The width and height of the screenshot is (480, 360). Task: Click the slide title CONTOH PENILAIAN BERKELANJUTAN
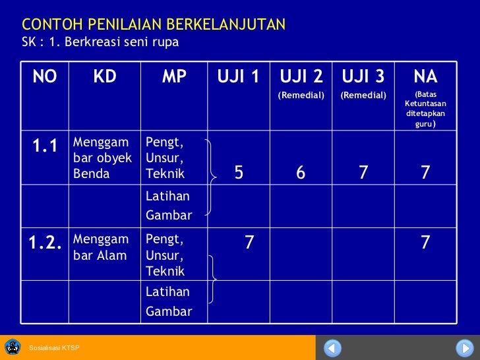tap(154, 25)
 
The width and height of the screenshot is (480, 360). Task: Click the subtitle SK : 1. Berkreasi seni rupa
tap(100, 42)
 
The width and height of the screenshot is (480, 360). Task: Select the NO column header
tap(44, 77)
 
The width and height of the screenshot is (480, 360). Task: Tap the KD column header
tap(104, 77)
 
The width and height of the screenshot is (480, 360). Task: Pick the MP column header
tap(174, 77)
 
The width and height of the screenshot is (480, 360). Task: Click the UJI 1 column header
tap(238, 77)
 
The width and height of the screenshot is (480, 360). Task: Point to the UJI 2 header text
tap(301, 76)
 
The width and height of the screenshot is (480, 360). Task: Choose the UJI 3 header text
tap(363, 76)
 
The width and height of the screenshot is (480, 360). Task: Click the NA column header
tap(425, 76)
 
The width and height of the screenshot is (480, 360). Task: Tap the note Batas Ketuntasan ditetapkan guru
tap(425, 109)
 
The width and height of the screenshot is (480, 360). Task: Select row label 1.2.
tap(45, 243)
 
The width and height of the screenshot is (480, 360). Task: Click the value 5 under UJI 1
tap(239, 173)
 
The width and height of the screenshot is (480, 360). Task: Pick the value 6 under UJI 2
tap(301, 173)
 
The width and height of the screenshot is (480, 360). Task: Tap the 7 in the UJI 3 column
tap(363, 173)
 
